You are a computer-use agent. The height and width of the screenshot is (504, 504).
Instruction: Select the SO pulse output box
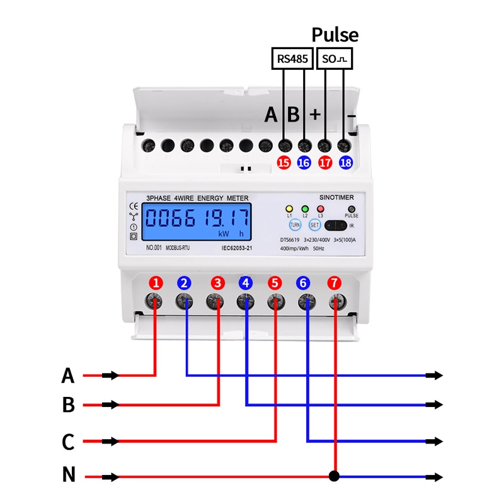(x=335, y=59)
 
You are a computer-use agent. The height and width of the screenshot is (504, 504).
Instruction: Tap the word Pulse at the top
(x=335, y=35)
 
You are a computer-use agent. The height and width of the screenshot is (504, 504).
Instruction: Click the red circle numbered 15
(x=283, y=163)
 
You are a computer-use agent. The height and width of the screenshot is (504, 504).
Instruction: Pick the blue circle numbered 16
(x=304, y=163)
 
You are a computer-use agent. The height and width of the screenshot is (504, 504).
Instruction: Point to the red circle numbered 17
(x=325, y=163)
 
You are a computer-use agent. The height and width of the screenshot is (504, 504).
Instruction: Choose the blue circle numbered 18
(x=346, y=163)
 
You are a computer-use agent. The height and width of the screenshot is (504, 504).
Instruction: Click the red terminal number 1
(x=155, y=282)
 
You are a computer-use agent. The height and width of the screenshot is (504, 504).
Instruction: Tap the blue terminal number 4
(x=246, y=282)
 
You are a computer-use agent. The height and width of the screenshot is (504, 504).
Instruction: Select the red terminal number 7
(x=335, y=282)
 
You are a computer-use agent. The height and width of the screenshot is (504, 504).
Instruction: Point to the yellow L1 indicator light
(x=289, y=209)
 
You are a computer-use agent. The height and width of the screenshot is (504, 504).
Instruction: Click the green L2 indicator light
(x=305, y=209)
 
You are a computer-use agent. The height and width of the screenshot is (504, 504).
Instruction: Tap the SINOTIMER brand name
(x=336, y=197)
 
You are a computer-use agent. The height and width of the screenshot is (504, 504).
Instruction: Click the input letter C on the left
(x=68, y=442)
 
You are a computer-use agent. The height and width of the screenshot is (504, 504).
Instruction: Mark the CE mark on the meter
(x=134, y=206)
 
